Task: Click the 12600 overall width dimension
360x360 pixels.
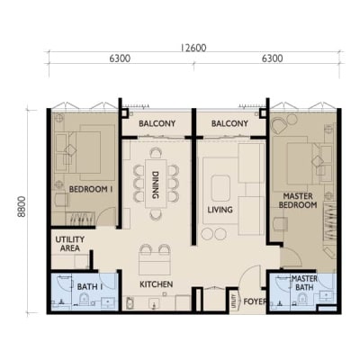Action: tap(193, 48)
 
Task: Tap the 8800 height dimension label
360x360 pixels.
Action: tap(22, 207)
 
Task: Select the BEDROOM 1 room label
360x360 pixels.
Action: tap(91, 189)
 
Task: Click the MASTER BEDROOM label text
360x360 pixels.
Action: tap(298, 201)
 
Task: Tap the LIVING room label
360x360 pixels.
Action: tap(220, 210)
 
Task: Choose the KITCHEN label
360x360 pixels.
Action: tap(157, 284)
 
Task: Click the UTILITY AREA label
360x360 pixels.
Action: tap(70, 244)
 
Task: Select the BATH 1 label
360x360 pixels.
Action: tap(90, 287)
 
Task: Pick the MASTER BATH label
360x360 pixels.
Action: tap(304, 283)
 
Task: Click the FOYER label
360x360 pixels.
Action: tap(255, 301)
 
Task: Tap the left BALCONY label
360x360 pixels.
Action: tap(157, 123)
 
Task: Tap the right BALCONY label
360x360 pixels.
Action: tap(229, 123)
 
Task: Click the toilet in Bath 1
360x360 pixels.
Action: tap(85, 299)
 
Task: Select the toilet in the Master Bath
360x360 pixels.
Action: tap(302, 299)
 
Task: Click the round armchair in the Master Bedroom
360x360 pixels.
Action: tap(279, 126)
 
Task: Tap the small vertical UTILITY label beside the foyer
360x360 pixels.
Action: tap(233, 301)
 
